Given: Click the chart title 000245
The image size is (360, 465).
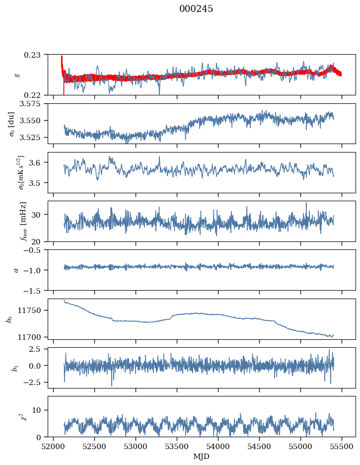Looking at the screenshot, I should (196, 9).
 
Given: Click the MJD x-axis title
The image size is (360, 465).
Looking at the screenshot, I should (202, 457).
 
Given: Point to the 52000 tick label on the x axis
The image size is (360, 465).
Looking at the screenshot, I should (54, 446).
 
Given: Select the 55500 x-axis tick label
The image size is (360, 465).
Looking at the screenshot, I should (342, 446).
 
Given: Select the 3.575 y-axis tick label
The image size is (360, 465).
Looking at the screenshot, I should (32, 104).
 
